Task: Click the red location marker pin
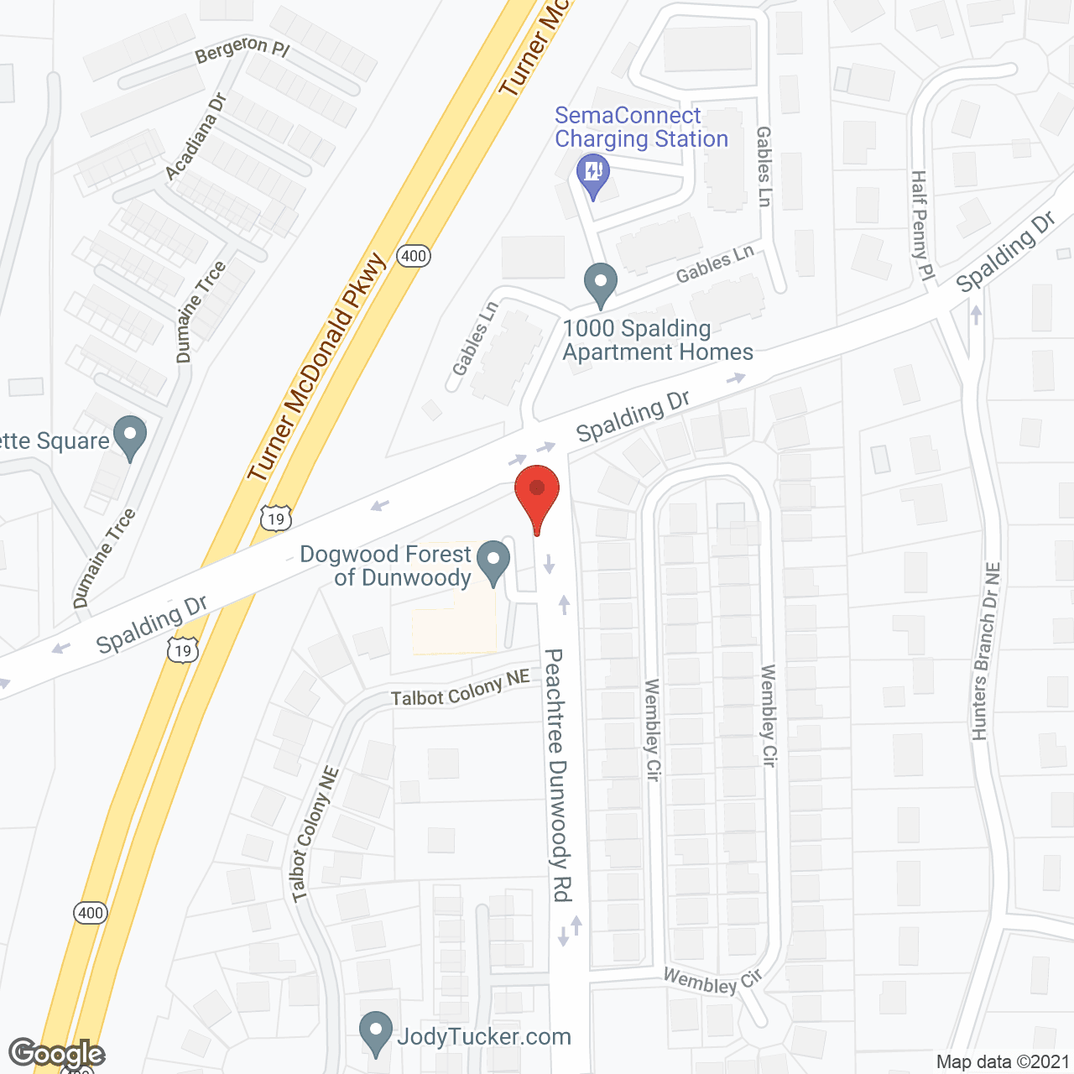tap(537, 495)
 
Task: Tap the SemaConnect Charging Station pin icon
tap(593, 174)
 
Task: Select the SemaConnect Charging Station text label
tap(641, 128)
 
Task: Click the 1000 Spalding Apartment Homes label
tap(657, 340)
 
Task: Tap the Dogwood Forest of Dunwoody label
tap(386, 566)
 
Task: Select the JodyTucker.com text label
tap(484, 1037)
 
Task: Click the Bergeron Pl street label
tap(242, 50)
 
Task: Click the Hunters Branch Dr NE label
tap(987, 651)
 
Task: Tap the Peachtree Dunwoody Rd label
tap(557, 774)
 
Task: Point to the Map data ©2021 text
tap(1002, 1062)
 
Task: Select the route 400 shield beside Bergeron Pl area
tap(414, 256)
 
